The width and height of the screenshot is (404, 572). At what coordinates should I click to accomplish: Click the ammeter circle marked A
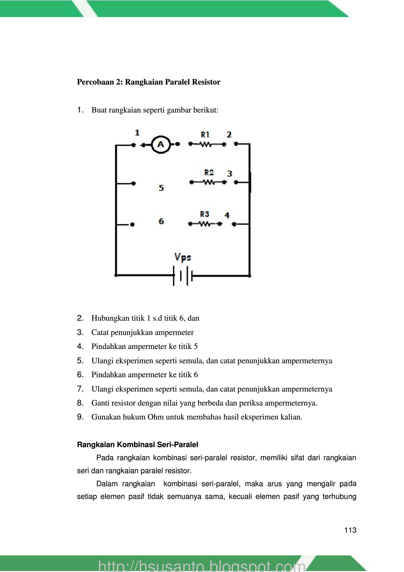(x=161, y=145)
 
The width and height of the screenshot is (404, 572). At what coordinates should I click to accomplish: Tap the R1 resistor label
(x=205, y=135)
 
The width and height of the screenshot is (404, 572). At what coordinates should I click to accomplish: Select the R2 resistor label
(x=209, y=173)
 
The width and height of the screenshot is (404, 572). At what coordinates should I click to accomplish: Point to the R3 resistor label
(x=205, y=214)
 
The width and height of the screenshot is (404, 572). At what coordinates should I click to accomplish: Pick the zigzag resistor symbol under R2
(x=209, y=182)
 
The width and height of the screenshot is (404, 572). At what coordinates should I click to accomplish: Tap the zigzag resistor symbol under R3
(x=205, y=224)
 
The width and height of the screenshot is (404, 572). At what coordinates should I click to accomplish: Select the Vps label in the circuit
(x=183, y=257)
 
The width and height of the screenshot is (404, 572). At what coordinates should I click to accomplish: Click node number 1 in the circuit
(x=137, y=133)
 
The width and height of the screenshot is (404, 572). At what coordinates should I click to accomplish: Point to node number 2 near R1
(x=229, y=135)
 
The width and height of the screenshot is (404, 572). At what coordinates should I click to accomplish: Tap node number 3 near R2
(x=230, y=174)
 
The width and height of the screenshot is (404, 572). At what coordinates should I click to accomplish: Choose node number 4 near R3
(x=227, y=215)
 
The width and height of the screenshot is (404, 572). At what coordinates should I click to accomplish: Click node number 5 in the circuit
(x=161, y=188)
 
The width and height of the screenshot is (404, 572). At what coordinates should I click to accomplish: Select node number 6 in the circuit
(x=161, y=221)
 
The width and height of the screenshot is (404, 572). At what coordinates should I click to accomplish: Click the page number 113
(x=350, y=530)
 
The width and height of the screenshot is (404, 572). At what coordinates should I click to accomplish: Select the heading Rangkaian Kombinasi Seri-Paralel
(x=138, y=445)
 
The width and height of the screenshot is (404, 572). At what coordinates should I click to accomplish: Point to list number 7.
(x=80, y=389)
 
